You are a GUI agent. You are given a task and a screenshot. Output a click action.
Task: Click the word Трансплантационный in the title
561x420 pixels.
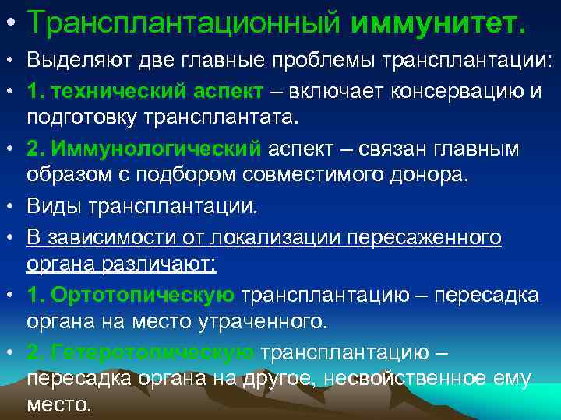pos(185,23)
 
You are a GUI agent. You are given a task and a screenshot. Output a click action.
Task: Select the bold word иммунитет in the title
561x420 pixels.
pos(438,23)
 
